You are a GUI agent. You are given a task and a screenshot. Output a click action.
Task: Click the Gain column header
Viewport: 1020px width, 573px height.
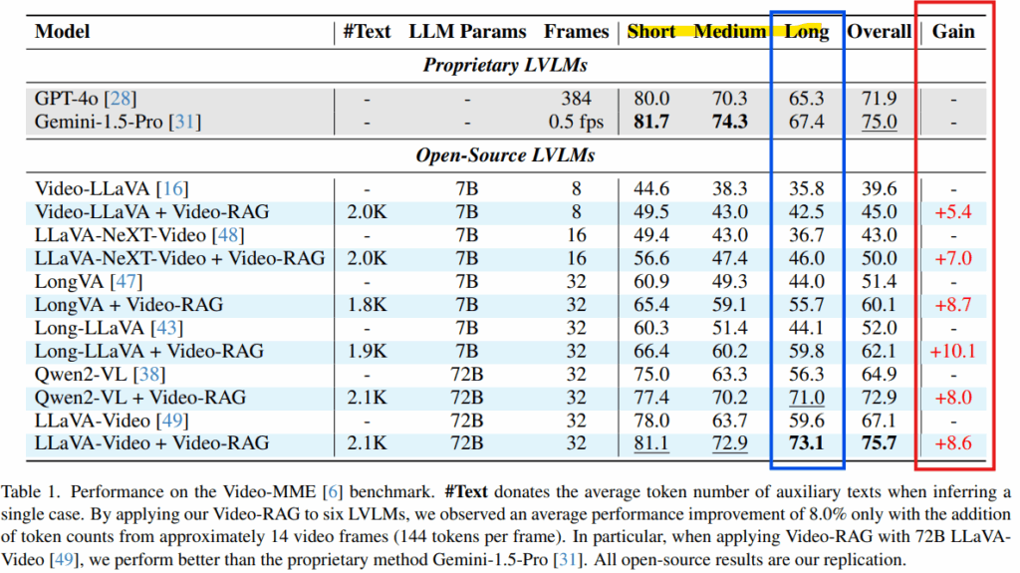(953, 31)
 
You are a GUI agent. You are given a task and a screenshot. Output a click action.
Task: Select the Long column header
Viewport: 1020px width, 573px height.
(807, 31)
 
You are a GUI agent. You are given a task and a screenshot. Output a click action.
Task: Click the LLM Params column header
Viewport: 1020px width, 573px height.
(467, 31)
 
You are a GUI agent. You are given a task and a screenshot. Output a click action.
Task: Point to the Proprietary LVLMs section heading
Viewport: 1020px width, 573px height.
(505, 66)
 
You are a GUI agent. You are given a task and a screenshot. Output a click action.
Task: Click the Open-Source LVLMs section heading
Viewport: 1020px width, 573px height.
(505, 155)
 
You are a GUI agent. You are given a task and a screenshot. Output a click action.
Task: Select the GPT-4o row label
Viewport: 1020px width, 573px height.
(86, 99)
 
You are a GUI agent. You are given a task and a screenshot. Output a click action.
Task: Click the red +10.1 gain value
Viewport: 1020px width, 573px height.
(952, 351)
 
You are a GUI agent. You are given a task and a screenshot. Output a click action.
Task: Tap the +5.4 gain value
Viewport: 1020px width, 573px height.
(952, 212)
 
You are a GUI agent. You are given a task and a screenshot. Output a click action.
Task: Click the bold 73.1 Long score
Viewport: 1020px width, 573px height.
(806, 442)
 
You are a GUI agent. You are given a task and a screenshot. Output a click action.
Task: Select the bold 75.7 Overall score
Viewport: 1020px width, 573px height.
(879, 442)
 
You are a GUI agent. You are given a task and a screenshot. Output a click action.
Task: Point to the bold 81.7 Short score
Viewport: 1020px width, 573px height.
(650, 122)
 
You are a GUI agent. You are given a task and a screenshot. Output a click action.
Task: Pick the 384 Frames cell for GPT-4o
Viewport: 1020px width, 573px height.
(577, 99)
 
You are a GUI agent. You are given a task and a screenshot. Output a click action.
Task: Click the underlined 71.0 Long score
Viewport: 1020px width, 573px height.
(806, 397)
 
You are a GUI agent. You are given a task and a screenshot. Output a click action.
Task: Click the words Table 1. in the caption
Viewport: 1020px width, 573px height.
(32, 492)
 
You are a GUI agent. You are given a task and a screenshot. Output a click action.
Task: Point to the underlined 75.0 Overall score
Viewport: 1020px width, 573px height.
(879, 122)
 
